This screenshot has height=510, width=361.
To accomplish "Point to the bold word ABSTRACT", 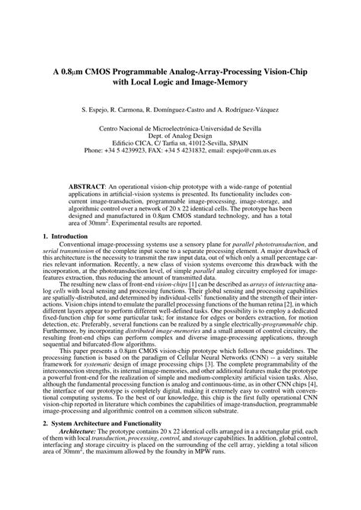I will (x=90, y=186).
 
